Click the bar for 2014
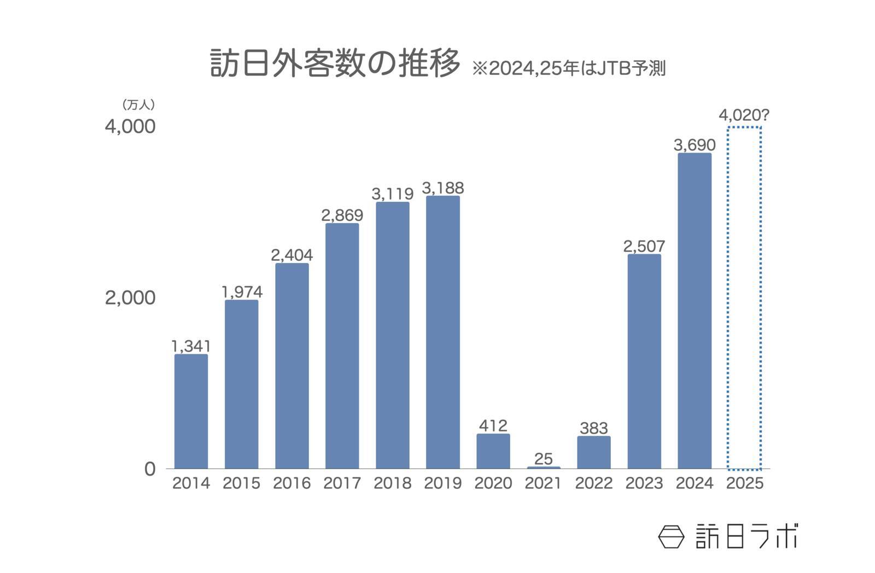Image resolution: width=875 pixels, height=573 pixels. pos(191,411)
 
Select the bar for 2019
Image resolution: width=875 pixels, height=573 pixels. pos(442,332)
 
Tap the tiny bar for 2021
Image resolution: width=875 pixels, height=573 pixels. pos(543,467)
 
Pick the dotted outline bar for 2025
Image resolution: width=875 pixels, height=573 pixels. pos(744,298)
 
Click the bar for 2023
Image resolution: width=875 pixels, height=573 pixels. pos(644,361)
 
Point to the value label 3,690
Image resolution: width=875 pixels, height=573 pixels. pos(694,145)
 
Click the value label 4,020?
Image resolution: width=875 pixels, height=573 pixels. pos(744,115)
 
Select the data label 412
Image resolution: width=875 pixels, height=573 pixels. pos(493,425)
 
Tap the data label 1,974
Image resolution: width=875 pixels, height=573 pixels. pos(242,292)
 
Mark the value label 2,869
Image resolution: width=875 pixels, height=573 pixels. pos(342,215)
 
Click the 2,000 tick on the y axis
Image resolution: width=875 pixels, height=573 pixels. pos(130,298)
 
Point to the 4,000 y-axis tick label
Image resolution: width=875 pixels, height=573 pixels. pos(130,127)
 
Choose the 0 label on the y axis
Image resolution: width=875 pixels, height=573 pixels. pos(149,469)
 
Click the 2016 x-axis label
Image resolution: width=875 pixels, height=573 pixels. pos(291,483)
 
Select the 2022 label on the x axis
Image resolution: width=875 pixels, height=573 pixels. pos(593,483)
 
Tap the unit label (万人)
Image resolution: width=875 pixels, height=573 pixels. pos(138,104)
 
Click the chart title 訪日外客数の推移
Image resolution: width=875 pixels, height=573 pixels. pos(335,64)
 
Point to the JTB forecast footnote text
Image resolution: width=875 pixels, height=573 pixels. pos(569,68)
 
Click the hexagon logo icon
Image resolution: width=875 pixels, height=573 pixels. pos(671,536)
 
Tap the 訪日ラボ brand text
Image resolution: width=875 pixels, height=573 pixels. pos(747,536)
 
